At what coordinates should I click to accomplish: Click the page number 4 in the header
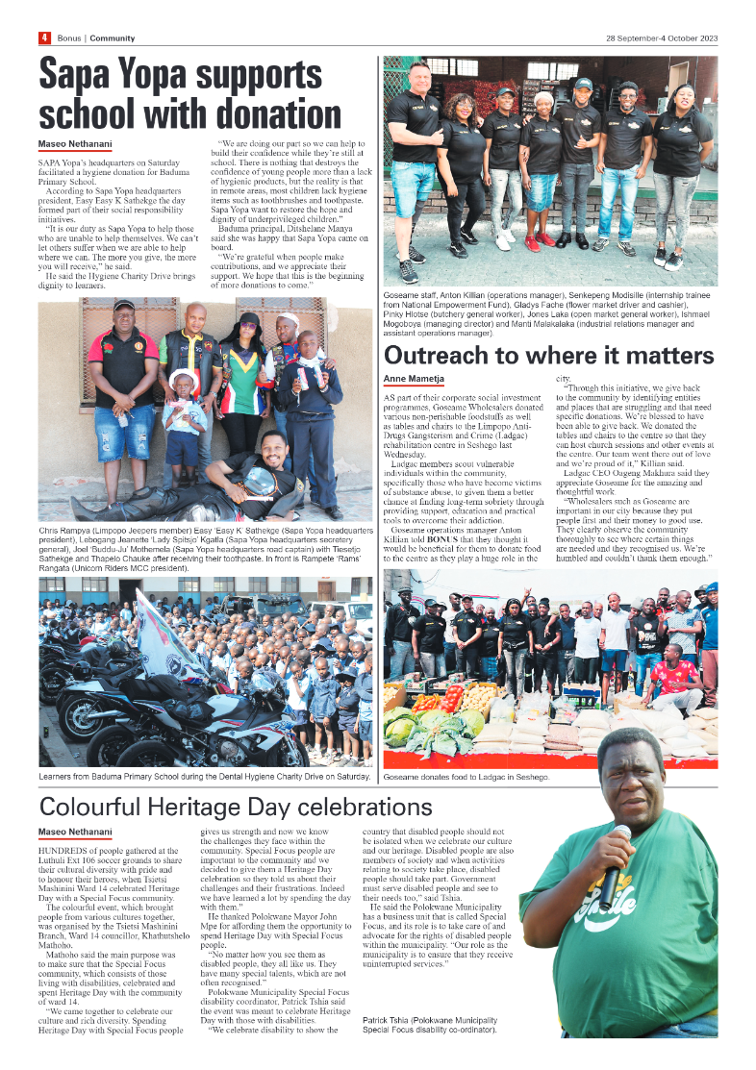tap(44, 37)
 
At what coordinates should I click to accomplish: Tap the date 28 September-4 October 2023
tap(661, 37)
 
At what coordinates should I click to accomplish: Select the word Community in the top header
tap(113, 37)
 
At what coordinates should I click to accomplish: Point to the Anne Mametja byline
tap(414, 378)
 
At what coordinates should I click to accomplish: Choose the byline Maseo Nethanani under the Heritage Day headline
tap(75, 831)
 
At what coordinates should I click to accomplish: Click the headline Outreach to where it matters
tap(549, 355)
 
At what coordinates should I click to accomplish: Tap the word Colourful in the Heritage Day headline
tap(103, 806)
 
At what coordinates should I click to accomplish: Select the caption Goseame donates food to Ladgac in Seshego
tap(466, 776)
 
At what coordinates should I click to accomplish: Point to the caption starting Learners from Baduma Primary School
tap(205, 776)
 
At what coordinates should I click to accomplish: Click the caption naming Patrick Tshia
tap(430, 1025)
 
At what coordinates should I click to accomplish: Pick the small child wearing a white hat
tap(183, 404)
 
